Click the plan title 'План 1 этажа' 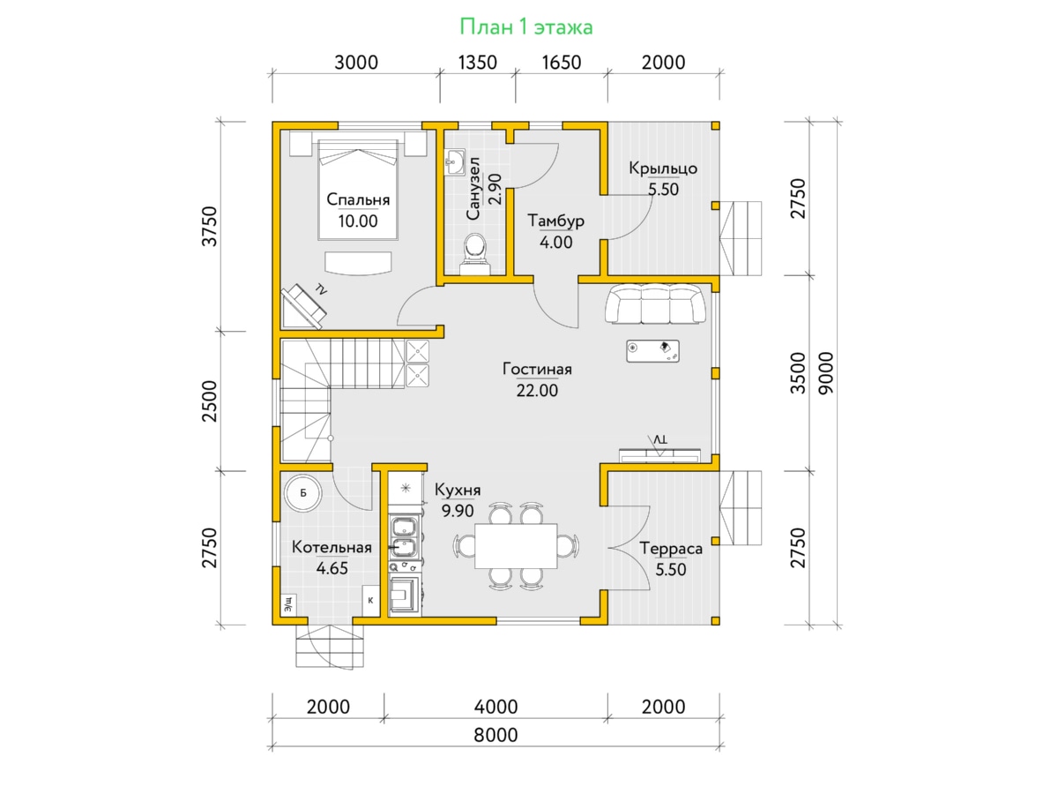click(525, 27)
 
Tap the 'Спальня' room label click(358, 199)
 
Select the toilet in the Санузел click(475, 254)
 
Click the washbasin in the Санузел click(455, 162)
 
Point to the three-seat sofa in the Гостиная click(656, 304)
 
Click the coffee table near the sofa click(653, 351)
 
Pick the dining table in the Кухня click(516, 546)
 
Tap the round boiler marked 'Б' click(302, 492)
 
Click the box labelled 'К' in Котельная click(370, 600)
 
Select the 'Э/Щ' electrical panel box click(288, 604)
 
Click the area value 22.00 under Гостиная click(537, 391)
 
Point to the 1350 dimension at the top click(477, 63)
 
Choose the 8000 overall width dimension click(495, 735)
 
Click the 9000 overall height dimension click(826, 373)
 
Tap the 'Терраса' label click(671, 549)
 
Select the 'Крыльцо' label click(663, 169)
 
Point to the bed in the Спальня click(358, 190)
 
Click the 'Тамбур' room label click(555, 221)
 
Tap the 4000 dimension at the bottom click(495, 708)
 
